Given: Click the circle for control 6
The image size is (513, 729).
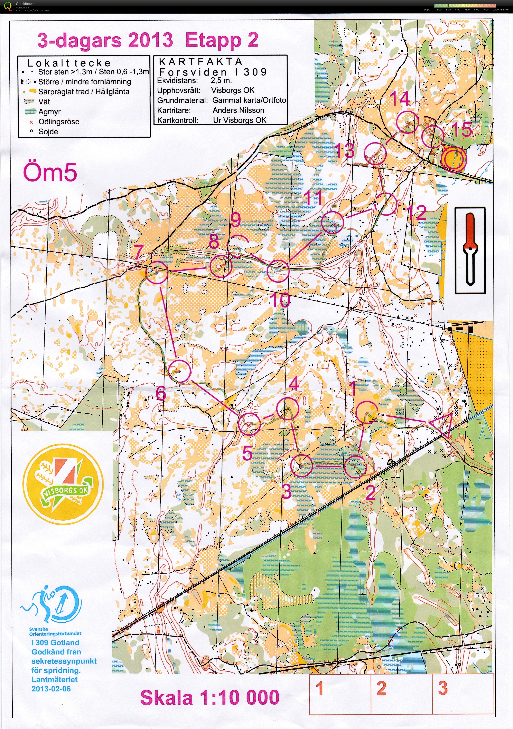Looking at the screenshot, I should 180,371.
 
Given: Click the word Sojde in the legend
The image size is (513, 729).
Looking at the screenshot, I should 48,132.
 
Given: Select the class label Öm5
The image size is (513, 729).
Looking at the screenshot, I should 50,173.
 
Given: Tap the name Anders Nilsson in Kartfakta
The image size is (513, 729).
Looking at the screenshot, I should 238,110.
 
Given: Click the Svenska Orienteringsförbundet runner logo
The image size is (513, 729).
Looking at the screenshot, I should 53,605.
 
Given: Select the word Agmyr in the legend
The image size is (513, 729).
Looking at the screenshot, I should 49,112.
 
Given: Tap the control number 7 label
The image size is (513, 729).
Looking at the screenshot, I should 138,252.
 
